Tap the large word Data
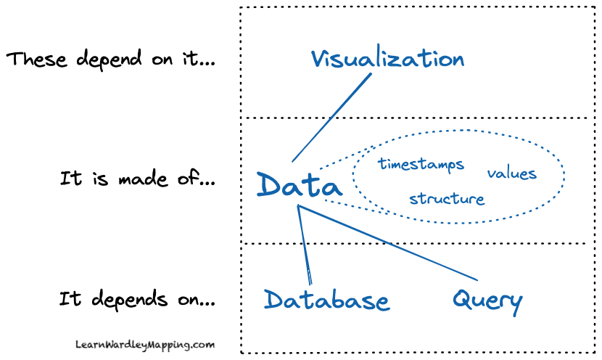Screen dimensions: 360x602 [299, 186]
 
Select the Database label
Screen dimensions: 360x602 [326, 300]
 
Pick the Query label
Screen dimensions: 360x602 [487, 298]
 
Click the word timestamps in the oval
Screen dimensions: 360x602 [421, 165]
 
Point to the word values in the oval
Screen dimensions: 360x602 [511, 173]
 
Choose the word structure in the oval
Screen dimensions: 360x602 [446, 198]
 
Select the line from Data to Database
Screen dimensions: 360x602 [305, 245]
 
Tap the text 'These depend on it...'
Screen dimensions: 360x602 [110, 60]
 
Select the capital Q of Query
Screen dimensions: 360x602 [463, 298]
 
